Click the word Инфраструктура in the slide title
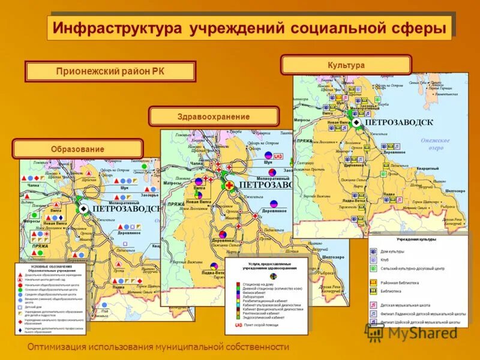[x=118, y=29]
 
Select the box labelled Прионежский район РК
[x=110, y=71]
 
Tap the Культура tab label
[x=346, y=65]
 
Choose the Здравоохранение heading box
[x=214, y=116]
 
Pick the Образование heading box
[x=77, y=149]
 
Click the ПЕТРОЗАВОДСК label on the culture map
[x=398, y=122]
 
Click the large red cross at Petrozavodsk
[x=229, y=186]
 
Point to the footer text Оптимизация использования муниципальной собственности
[x=158, y=347]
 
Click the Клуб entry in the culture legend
[x=385, y=260]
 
